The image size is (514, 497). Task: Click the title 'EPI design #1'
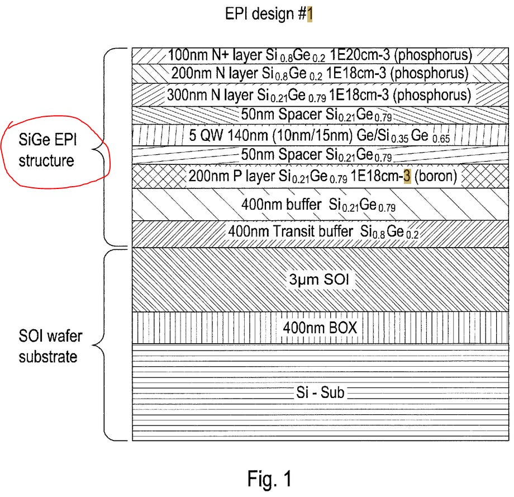click(x=269, y=14)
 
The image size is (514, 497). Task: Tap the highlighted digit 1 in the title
click(x=310, y=14)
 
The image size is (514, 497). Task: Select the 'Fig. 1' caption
click(x=269, y=479)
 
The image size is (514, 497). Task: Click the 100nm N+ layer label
click(x=320, y=55)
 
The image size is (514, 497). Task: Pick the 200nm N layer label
click(x=320, y=73)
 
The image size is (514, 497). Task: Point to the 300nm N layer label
click(x=319, y=95)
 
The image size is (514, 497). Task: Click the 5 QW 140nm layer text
click(x=320, y=135)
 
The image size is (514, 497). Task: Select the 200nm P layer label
click(x=322, y=176)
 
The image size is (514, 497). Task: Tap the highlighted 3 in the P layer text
click(x=407, y=176)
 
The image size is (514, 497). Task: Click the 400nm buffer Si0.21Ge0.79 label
click(x=318, y=205)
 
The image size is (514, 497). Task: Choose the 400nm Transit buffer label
click(x=323, y=231)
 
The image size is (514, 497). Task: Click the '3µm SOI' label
click(x=319, y=280)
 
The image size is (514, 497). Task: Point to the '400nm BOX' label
click(x=320, y=328)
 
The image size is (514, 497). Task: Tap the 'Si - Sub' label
click(x=320, y=392)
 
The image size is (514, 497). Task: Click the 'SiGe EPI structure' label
click(x=47, y=150)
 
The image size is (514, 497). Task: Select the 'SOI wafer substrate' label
click(x=50, y=346)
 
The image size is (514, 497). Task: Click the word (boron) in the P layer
click(x=436, y=176)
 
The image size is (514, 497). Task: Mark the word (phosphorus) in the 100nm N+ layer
click(x=433, y=55)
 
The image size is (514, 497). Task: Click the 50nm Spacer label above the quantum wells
click(x=316, y=115)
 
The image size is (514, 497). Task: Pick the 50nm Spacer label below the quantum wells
click(x=316, y=155)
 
